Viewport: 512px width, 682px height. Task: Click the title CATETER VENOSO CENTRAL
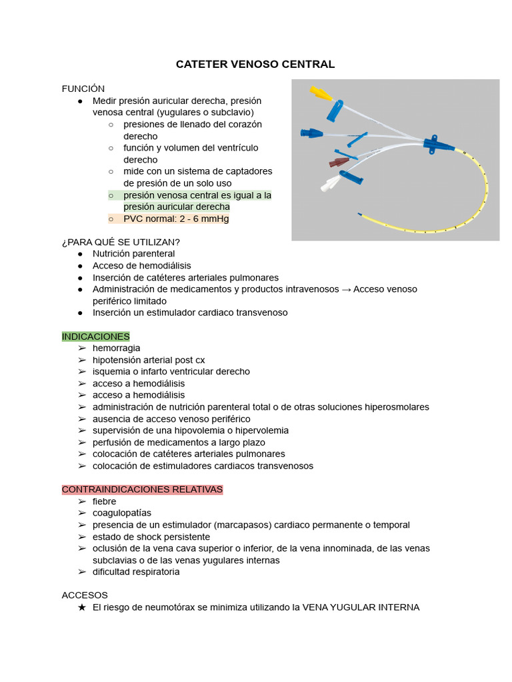255,65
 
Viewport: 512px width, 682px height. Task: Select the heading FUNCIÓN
83,89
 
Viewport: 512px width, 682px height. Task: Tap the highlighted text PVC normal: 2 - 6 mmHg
176,218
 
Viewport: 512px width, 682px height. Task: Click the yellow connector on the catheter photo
321,93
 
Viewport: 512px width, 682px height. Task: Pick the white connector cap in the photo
329,184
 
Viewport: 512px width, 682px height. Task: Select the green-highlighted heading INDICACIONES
96,336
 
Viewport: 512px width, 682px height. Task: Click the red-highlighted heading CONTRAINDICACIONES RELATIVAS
142,490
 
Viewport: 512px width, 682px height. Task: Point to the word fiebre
104,502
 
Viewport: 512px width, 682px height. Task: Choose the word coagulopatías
122,513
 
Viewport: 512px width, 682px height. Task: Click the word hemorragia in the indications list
117,348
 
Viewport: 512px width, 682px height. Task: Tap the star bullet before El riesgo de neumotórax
81,607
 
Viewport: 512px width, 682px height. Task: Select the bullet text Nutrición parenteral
134,254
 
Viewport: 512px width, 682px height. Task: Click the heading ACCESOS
85,595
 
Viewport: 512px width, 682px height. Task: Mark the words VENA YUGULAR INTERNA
361,607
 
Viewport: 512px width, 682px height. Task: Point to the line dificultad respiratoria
136,571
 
